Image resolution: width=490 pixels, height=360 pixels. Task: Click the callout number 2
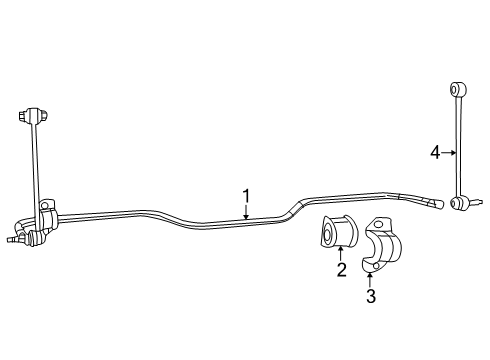(341, 269)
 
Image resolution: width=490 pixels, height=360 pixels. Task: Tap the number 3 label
(370, 296)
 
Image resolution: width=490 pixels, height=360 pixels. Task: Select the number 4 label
(435, 152)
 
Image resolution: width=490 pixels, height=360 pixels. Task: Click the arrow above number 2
(341, 254)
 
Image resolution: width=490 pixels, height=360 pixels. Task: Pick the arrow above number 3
(370, 279)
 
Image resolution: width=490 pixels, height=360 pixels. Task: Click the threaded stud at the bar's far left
(11, 239)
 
